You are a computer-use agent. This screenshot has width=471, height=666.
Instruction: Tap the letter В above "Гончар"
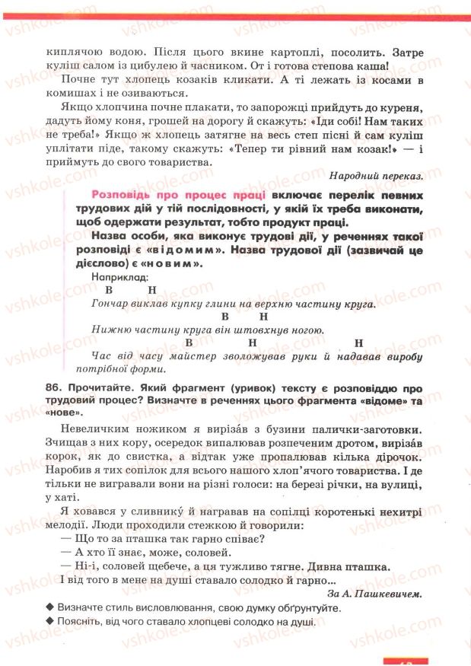coord(108,290)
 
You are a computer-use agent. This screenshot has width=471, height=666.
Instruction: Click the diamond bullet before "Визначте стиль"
coord(49,609)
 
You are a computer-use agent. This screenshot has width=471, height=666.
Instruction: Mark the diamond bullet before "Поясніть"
coord(49,622)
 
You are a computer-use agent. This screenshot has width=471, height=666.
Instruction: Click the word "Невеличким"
coord(94,429)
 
